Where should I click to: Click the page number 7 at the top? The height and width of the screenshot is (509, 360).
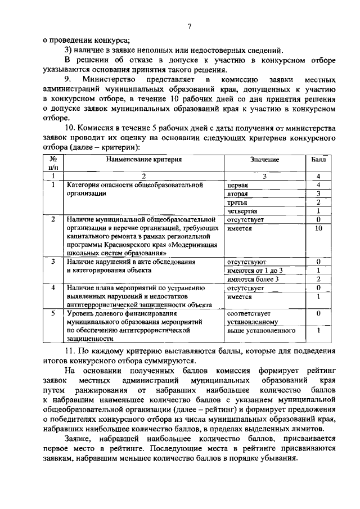click(190, 26)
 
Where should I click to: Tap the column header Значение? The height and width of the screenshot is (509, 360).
click(264, 160)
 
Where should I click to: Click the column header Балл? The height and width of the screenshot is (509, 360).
click(318, 160)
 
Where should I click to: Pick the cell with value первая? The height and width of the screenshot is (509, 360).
click(238, 184)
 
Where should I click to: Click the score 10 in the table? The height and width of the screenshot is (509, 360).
click(318, 228)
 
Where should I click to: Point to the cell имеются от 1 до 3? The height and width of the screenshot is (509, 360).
click(254, 271)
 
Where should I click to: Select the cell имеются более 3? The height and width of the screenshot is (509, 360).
click(253, 280)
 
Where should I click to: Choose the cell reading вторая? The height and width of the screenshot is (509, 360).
click(237, 193)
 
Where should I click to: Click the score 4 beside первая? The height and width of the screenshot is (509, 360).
click(318, 184)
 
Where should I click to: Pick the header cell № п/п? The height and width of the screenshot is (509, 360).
click(53, 163)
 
